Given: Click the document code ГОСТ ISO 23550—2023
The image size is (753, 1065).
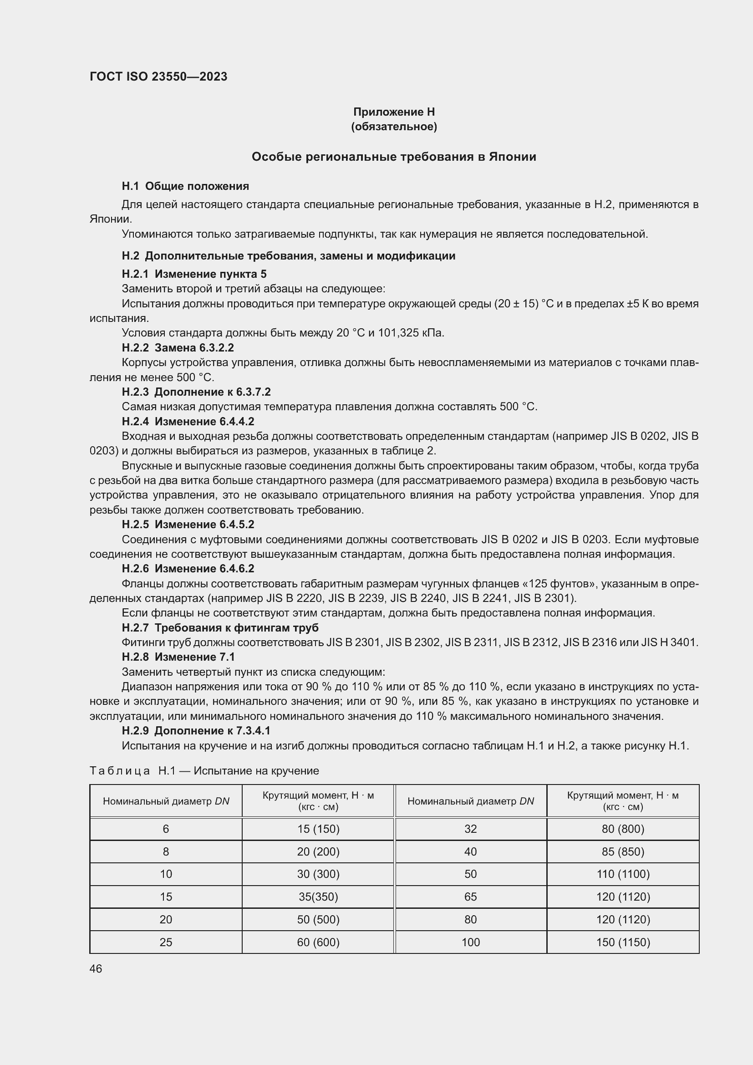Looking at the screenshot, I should pyautogui.click(x=158, y=76).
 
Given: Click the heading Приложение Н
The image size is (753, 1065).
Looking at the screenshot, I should pyautogui.click(x=394, y=112).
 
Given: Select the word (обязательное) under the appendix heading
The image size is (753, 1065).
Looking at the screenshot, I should pyautogui.click(x=394, y=127).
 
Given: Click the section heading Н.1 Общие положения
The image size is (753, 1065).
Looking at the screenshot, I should pyautogui.click(x=185, y=186).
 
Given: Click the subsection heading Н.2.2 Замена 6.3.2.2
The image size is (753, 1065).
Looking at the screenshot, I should pyautogui.click(x=178, y=347).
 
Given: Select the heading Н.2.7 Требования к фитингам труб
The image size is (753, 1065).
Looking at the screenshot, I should pyautogui.click(x=220, y=627).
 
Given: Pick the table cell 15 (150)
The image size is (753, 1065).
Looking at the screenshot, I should pyautogui.click(x=318, y=828).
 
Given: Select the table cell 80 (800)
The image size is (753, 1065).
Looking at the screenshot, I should pyautogui.click(x=623, y=828).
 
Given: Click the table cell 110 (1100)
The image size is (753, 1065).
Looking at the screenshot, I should pyautogui.click(x=623, y=874).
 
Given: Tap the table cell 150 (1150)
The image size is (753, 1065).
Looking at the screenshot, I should pyautogui.click(x=623, y=942).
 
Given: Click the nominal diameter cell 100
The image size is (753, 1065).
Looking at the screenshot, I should pyautogui.click(x=470, y=942).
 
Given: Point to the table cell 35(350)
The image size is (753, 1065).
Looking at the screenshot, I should pyautogui.click(x=318, y=897).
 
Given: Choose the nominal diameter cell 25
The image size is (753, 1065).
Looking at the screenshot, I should pyautogui.click(x=166, y=942).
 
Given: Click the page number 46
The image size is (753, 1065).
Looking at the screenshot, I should pyautogui.click(x=96, y=968).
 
